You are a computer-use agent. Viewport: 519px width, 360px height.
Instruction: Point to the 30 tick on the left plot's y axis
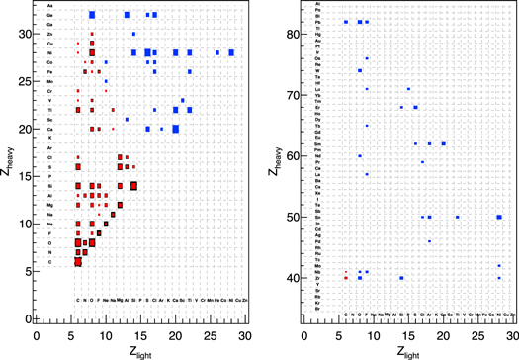(28, 34)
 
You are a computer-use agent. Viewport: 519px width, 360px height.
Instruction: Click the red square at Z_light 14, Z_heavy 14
(133, 185)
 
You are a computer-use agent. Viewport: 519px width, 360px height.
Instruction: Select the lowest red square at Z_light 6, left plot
(78, 262)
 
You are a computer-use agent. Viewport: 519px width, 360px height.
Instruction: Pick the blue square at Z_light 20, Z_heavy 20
(175, 128)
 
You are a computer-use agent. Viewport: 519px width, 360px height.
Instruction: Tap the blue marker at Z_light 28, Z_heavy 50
(499, 217)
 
